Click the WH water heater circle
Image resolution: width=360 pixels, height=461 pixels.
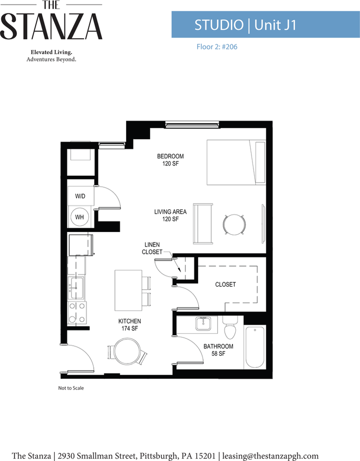click(79, 217)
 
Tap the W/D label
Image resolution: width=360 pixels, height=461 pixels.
click(80, 196)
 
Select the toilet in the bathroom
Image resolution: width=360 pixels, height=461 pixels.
click(230, 327)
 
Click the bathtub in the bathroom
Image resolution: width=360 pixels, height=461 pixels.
click(255, 347)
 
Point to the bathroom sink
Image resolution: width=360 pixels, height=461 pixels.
click(203, 324)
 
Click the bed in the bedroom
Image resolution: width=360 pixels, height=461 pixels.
click(236, 162)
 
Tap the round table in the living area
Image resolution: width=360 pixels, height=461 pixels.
click(234, 225)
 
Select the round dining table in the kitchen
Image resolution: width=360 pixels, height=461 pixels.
click(126, 352)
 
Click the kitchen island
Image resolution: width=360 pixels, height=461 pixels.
click(128, 291)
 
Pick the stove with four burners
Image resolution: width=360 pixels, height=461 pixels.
click(77, 313)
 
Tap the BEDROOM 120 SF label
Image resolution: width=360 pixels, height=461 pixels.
click(170, 160)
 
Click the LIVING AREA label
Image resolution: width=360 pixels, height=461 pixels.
click(170, 212)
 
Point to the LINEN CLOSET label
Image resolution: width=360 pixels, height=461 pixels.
click(152, 248)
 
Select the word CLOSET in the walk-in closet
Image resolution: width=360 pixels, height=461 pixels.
click(226, 284)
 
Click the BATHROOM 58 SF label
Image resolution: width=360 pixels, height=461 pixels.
click(218, 350)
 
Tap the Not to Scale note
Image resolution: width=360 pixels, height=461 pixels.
click(71, 388)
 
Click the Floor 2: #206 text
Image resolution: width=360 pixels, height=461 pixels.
click(217, 47)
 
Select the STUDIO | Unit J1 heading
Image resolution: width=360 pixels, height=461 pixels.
click(245, 24)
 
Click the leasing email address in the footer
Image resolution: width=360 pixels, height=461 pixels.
click(270, 456)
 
